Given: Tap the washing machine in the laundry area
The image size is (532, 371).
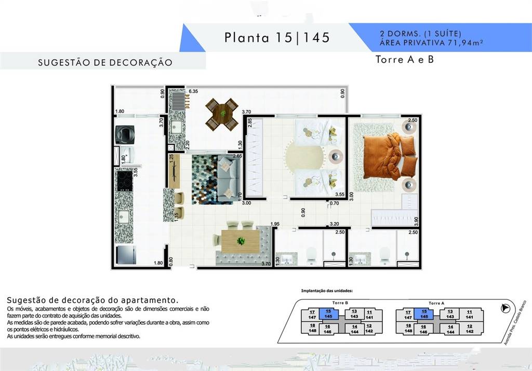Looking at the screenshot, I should point(125,134).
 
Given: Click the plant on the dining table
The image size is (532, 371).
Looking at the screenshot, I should point(241,241).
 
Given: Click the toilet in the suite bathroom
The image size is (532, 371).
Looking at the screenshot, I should point(385,253).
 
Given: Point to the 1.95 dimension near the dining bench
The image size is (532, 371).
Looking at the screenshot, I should point(276,224).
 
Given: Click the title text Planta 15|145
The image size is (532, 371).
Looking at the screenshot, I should point(277,37).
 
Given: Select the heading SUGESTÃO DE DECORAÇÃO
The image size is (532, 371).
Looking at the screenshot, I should point(105,62).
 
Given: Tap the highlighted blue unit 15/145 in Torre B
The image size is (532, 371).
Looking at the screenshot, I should point(328,314).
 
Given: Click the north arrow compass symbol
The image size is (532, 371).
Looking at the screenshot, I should point(504,308).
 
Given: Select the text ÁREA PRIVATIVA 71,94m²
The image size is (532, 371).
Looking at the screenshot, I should point(432,43).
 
